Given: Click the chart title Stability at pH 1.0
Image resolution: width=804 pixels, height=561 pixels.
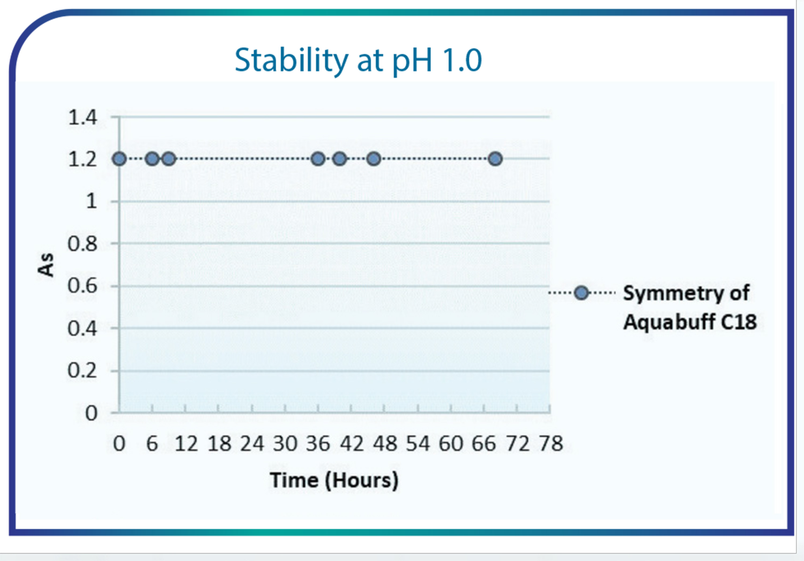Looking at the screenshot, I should click(x=358, y=60).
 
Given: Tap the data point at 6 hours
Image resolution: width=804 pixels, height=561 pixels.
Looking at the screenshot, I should click(x=152, y=159).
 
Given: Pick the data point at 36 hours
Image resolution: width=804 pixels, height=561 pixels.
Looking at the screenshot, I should click(x=318, y=159).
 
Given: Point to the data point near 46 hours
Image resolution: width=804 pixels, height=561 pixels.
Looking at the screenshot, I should click(x=374, y=159).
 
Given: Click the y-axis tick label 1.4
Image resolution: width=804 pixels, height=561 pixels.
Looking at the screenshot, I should click(x=82, y=117).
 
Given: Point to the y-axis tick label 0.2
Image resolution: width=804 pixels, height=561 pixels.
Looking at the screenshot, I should click(x=82, y=370).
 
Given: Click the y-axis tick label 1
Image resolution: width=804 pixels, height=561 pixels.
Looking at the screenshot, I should click(x=91, y=202).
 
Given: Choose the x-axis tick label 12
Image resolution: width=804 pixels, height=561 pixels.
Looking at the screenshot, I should click(x=186, y=444).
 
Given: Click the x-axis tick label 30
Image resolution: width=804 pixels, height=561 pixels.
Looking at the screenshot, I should click(x=285, y=444).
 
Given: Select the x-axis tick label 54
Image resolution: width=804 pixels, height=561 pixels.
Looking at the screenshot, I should click(x=418, y=444).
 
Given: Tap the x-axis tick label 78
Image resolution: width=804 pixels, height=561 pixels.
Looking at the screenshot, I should click(x=551, y=444).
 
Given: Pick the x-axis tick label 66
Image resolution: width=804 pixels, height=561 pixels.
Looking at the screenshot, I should click(x=483, y=444).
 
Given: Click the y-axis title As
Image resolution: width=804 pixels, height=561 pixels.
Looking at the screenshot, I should click(x=46, y=265).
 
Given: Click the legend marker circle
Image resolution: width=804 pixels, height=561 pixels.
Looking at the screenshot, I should click(x=582, y=292).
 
